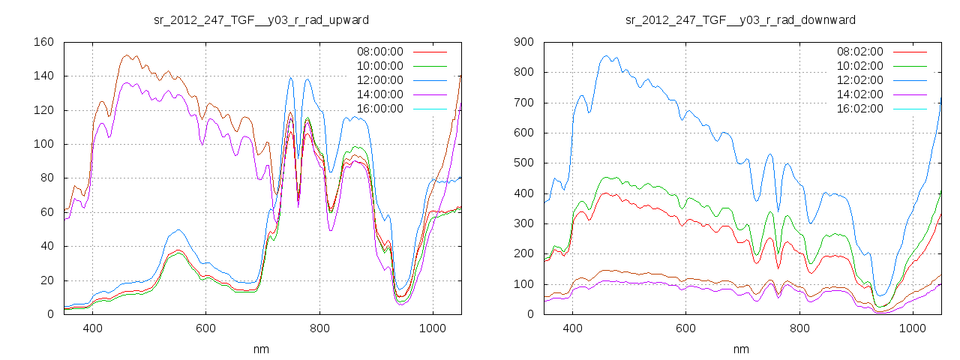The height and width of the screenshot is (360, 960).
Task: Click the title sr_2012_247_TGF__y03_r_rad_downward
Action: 741,19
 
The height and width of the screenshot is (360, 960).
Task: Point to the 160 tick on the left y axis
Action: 43,42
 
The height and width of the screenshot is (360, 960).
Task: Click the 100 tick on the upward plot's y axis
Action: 43,144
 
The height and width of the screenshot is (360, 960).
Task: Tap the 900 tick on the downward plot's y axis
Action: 524,42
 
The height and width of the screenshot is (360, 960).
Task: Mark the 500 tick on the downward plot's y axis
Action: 524,163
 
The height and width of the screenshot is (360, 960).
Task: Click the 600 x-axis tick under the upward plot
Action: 205,328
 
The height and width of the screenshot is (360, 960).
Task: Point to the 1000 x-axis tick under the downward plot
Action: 912,328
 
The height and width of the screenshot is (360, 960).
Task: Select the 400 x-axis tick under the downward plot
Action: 573,328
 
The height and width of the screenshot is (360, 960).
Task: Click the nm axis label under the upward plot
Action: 262,349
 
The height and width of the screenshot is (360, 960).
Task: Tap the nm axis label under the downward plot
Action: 741,349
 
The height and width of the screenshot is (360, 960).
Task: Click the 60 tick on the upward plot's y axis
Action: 46,212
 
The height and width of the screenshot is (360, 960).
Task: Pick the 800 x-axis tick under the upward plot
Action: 319,328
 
